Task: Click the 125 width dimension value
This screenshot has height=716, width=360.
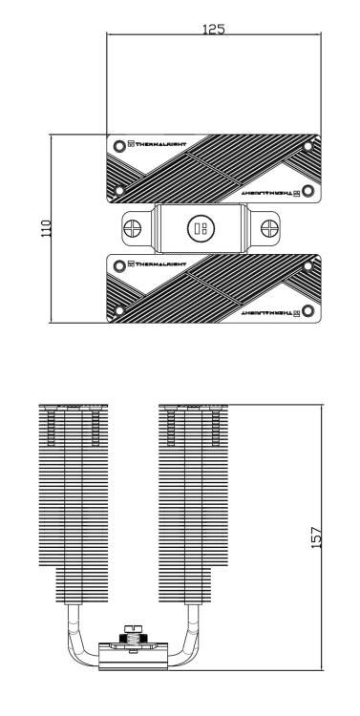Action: (213, 30)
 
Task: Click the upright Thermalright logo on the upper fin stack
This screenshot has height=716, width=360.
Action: (157, 144)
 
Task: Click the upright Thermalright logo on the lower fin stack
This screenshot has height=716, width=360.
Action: (157, 263)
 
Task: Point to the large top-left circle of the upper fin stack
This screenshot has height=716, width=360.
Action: (118, 146)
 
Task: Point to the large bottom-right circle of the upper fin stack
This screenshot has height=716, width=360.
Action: (307, 191)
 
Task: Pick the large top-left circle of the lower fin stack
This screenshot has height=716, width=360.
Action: (118, 264)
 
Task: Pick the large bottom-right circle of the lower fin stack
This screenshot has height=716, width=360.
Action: (307, 310)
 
